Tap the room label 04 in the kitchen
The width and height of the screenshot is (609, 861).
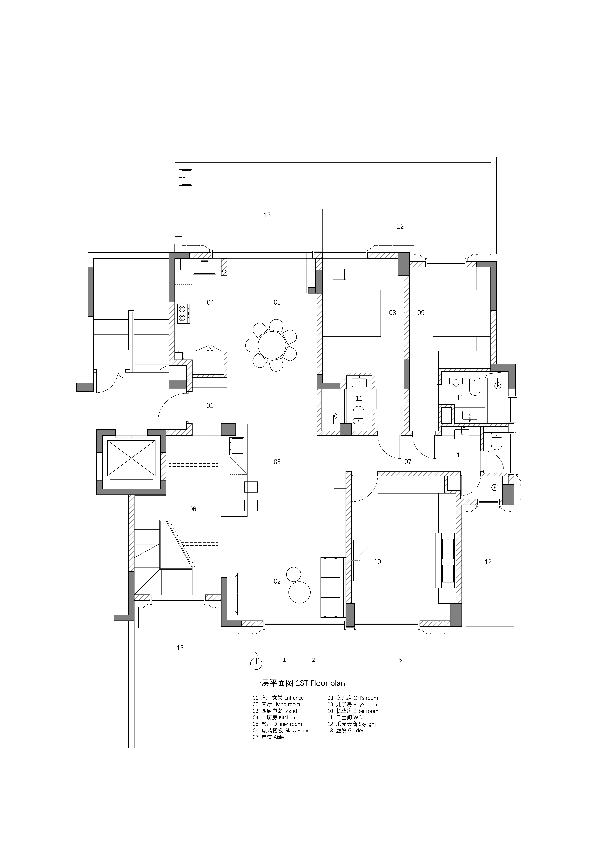tap(210, 302)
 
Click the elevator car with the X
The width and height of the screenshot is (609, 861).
tap(131, 458)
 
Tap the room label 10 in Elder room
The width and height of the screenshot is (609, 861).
tap(378, 562)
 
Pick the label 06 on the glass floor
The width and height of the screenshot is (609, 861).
tap(193, 509)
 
